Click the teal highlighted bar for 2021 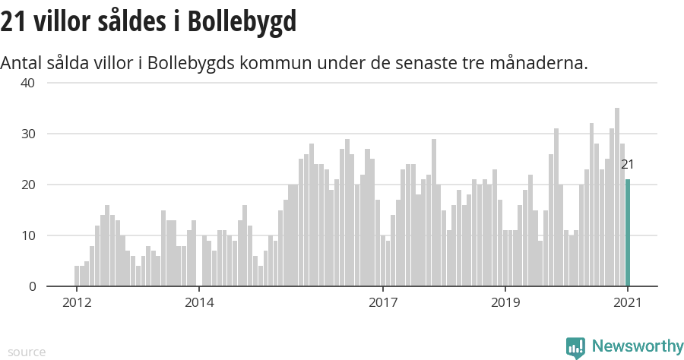[x=628, y=232]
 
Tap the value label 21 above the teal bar [x=627, y=164]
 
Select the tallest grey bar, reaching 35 [x=617, y=197]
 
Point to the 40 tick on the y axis [x=27, y=83]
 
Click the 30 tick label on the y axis [x=27, y=134]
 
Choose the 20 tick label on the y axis [x=27, y=185]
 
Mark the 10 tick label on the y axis [x=27, y=235]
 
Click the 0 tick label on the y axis [x=32, y=286]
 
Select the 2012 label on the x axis [x=76, y=302]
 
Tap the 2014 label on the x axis [x=199, y=302]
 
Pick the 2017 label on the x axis [x=383, y=302]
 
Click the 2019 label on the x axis [x=505, y=302]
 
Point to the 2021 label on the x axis [x=628, y=302]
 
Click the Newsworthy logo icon [x=575, y=348]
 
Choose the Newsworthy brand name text [x=637, y=347]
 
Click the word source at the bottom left [x=27, y=352]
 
